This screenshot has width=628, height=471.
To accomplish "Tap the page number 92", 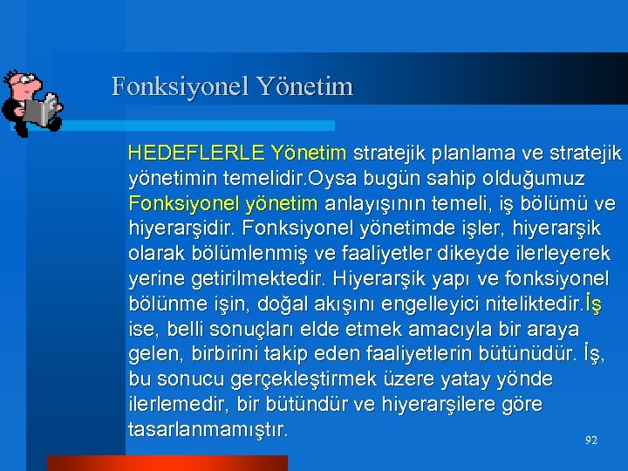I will pos(590,441).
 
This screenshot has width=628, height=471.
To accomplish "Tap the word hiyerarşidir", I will pos(181,229).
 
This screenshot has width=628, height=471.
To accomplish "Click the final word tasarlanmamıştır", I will pos(208,430).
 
